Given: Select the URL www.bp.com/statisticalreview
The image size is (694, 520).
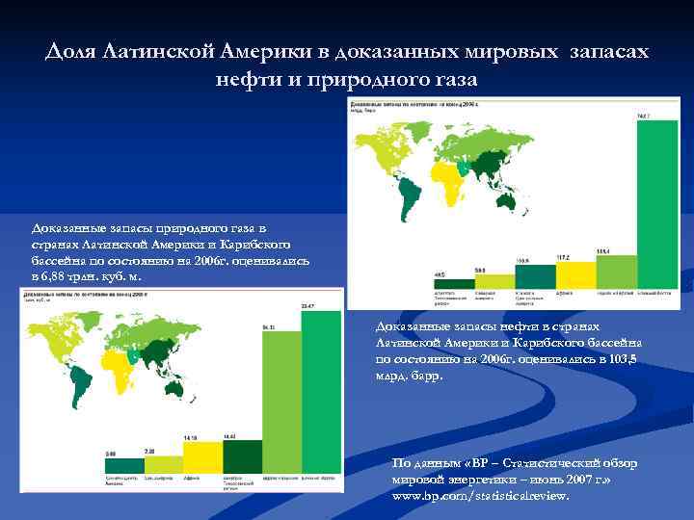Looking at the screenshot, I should (481, 496).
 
